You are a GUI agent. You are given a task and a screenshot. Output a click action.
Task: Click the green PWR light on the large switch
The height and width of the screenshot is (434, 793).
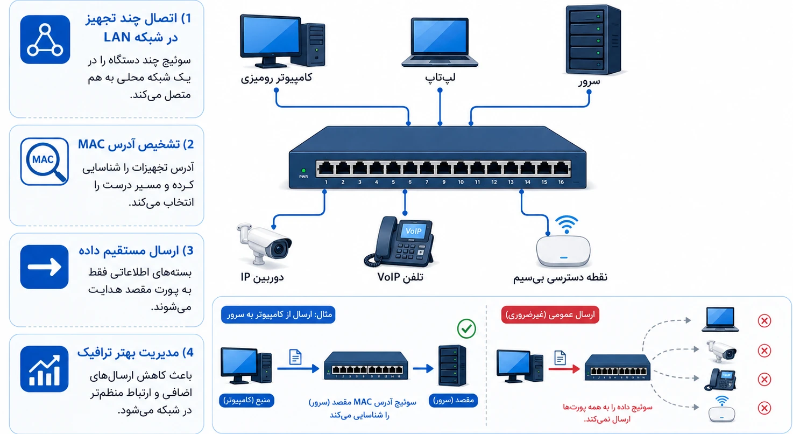click(303, 171)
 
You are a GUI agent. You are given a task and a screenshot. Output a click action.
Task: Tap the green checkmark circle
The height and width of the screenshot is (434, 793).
click(466, 329)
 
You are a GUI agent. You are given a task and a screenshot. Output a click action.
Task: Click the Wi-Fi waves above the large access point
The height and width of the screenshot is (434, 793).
click(567, 224)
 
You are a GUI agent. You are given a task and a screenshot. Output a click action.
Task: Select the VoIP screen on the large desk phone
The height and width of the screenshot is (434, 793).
click(414, 232)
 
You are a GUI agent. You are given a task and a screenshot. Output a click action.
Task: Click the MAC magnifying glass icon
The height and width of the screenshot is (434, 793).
click(45, 162)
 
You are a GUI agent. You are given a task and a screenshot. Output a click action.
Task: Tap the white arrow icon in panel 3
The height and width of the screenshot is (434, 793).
click(45, 267)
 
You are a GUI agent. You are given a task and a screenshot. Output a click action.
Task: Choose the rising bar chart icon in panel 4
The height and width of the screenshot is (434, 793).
click(45, 369)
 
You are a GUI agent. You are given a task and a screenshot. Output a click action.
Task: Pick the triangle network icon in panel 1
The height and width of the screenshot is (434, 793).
click(45, 39)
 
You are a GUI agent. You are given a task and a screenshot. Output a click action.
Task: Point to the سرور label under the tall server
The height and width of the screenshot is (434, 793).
click(590, 81)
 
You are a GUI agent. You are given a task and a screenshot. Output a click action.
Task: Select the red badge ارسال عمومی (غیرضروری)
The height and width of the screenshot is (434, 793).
click(550, 314)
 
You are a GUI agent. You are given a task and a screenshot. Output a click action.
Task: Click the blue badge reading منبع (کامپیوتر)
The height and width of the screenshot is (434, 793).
click(246, 400)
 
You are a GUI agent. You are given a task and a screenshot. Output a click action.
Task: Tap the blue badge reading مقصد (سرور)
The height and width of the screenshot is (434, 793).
click(453, 400)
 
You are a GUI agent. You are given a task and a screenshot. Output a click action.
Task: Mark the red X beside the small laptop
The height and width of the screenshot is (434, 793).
click(764, 320)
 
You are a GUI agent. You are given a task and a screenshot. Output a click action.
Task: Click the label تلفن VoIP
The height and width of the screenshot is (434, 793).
click(400, 277)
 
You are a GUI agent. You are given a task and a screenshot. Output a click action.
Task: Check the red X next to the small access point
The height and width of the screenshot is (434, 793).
click(764, 408)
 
